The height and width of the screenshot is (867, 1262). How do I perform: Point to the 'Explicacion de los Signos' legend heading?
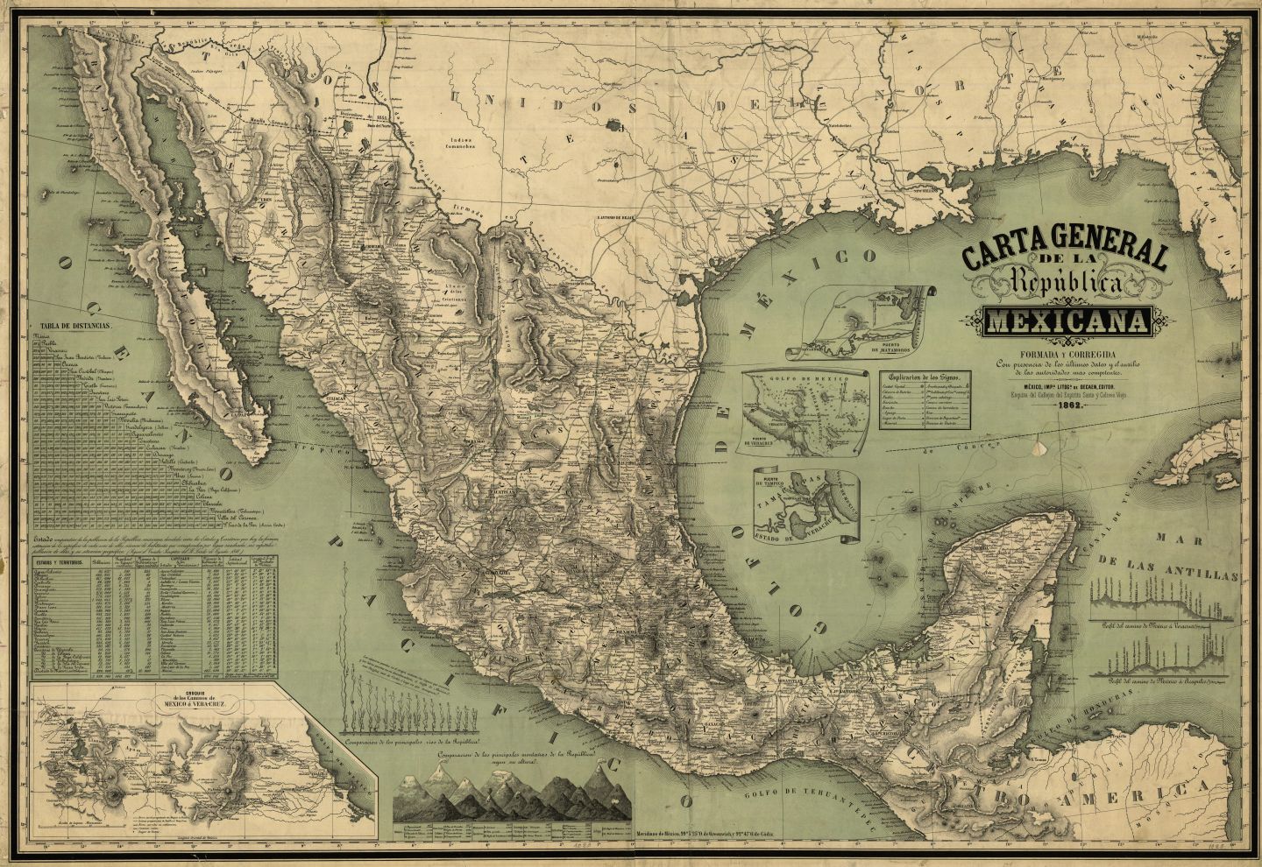tap(928, 375)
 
